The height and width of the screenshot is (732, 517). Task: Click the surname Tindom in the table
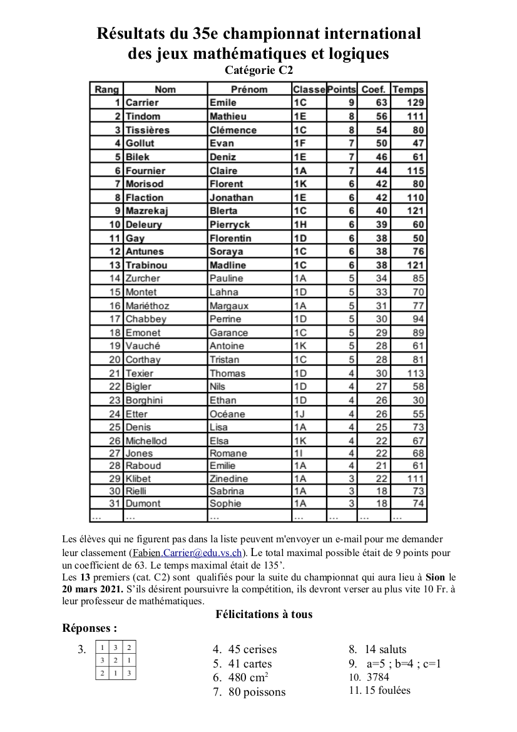tap(143, 116)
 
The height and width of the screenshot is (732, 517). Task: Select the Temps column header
tap(408, 90)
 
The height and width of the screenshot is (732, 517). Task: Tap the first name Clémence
tap(233, 130)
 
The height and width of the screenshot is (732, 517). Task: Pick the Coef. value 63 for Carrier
tap(381, 103)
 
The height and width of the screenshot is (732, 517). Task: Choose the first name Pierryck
tap(230, 225)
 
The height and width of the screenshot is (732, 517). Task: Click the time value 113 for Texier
tap(416, 373)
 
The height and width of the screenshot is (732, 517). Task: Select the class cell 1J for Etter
tap(299, 414)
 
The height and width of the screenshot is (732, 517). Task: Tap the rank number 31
tap(114, 503)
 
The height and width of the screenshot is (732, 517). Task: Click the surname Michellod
tap(146, 441)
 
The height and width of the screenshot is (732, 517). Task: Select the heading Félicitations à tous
tap(264, 614)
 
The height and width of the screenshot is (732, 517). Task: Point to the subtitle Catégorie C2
tap(258, 71)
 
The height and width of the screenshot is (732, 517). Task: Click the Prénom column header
tap(248, 90)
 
